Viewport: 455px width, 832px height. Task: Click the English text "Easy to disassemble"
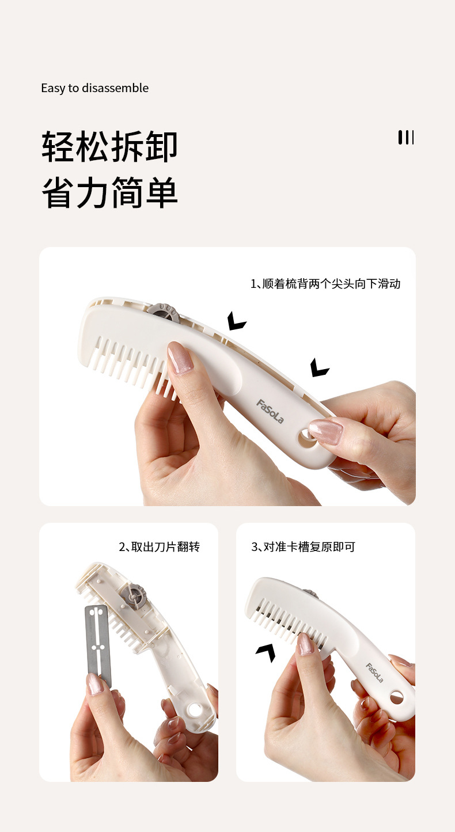tap(94, 88)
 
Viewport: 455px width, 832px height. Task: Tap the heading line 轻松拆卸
tap(109, 147)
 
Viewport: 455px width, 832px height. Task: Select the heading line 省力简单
tap(109, 193)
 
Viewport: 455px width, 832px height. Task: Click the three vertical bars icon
tap(406, 137)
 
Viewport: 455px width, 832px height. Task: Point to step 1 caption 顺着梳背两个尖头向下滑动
tap(325, 284)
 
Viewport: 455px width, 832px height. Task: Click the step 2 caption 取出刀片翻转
tap(159, 547)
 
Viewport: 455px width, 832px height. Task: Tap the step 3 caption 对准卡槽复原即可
tap(303, 547)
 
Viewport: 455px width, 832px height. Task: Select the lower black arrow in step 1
tap(318, 367)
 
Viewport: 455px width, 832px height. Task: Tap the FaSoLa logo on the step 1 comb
tap(270, 411)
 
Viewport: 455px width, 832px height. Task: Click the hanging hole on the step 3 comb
tap(397, 698)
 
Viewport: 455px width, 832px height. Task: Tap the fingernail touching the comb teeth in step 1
tap(180, 358)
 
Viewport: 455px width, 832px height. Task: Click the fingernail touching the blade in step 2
tap(95, 684)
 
